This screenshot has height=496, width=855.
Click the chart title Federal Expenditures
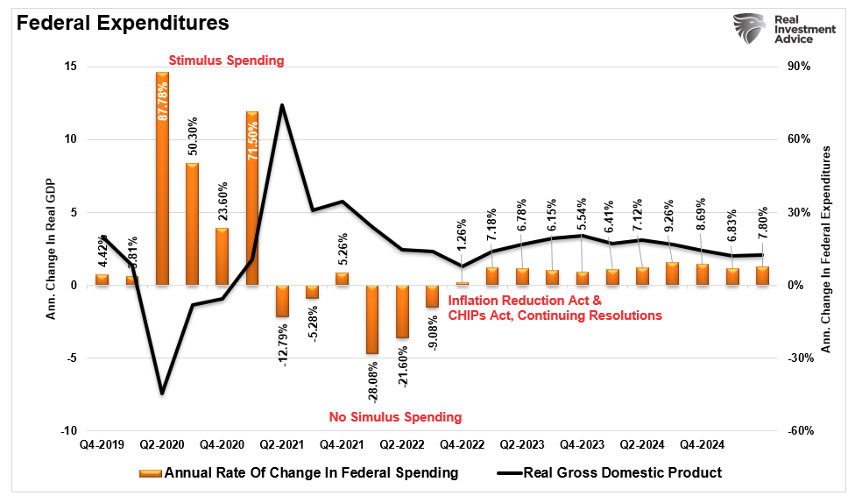[123, 22]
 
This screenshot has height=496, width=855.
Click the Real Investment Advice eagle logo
[750, 32]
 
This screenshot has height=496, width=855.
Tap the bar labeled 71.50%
[251, 198]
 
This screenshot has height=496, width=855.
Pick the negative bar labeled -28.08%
[371, 319]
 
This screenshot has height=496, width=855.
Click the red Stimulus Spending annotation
[226, 60]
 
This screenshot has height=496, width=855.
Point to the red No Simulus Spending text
[395, 417]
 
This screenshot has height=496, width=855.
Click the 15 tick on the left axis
[69, 67]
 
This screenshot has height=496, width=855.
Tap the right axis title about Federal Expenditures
[825, 250]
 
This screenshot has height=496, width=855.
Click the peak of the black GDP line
[282, 105]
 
